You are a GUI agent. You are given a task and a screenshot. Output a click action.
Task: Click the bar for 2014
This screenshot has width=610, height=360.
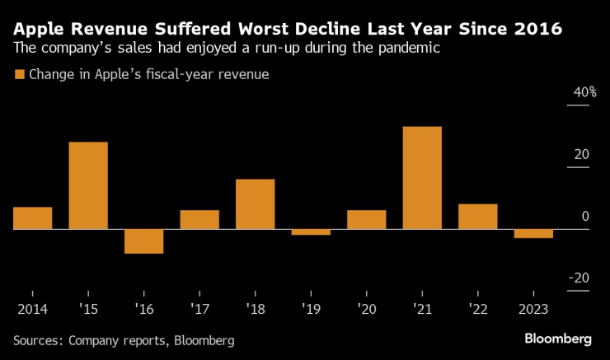(32, 218)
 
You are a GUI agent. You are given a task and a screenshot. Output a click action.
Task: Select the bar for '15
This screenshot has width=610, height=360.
(88, 185)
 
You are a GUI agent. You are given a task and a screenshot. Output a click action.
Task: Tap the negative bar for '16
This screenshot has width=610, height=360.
(143, 241)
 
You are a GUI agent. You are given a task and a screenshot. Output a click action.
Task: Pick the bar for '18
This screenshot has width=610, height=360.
(255, 204)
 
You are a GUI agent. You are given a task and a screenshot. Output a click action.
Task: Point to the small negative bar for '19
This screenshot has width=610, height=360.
(311, 232)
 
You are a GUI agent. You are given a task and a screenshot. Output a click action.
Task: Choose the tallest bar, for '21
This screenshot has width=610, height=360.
(422, 178)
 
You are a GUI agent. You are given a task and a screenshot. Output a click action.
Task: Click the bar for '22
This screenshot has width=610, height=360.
(478, 217)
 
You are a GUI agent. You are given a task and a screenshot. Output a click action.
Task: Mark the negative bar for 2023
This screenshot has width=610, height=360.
(533, 234)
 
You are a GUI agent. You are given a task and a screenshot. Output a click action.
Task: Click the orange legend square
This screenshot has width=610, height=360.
(20, 74)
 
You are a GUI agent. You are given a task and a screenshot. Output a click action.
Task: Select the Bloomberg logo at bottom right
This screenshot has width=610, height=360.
(558, 339)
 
